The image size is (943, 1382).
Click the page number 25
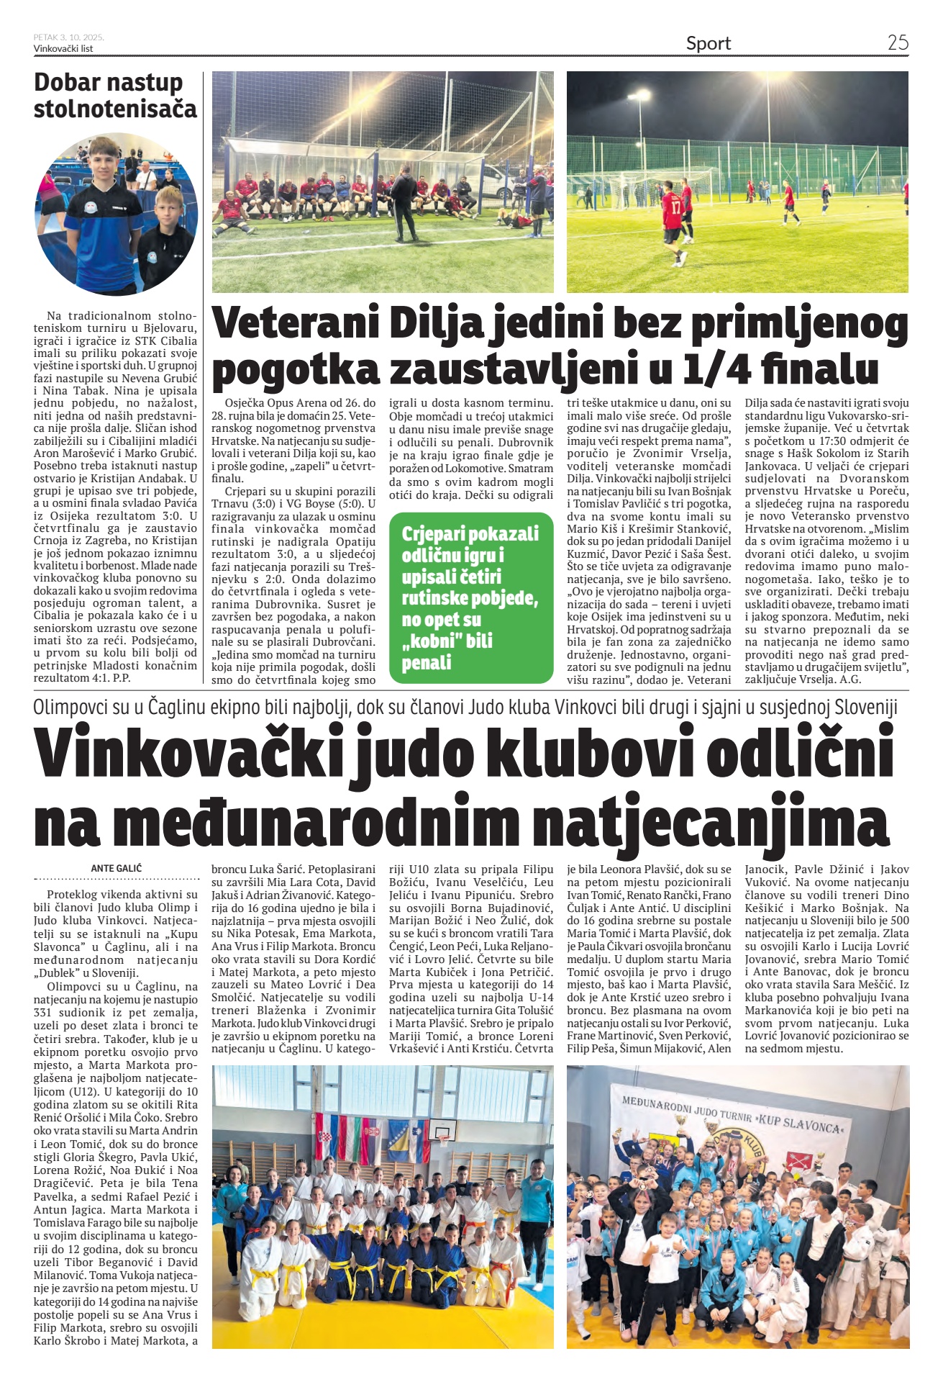click(898, 42)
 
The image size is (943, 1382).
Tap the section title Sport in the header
click(708, 44)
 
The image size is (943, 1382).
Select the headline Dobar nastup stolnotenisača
click(115, 95)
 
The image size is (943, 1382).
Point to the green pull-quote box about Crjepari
click(471, 597)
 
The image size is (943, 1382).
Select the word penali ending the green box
click(427, 663)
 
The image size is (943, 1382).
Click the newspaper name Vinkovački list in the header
click(63, 49)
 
